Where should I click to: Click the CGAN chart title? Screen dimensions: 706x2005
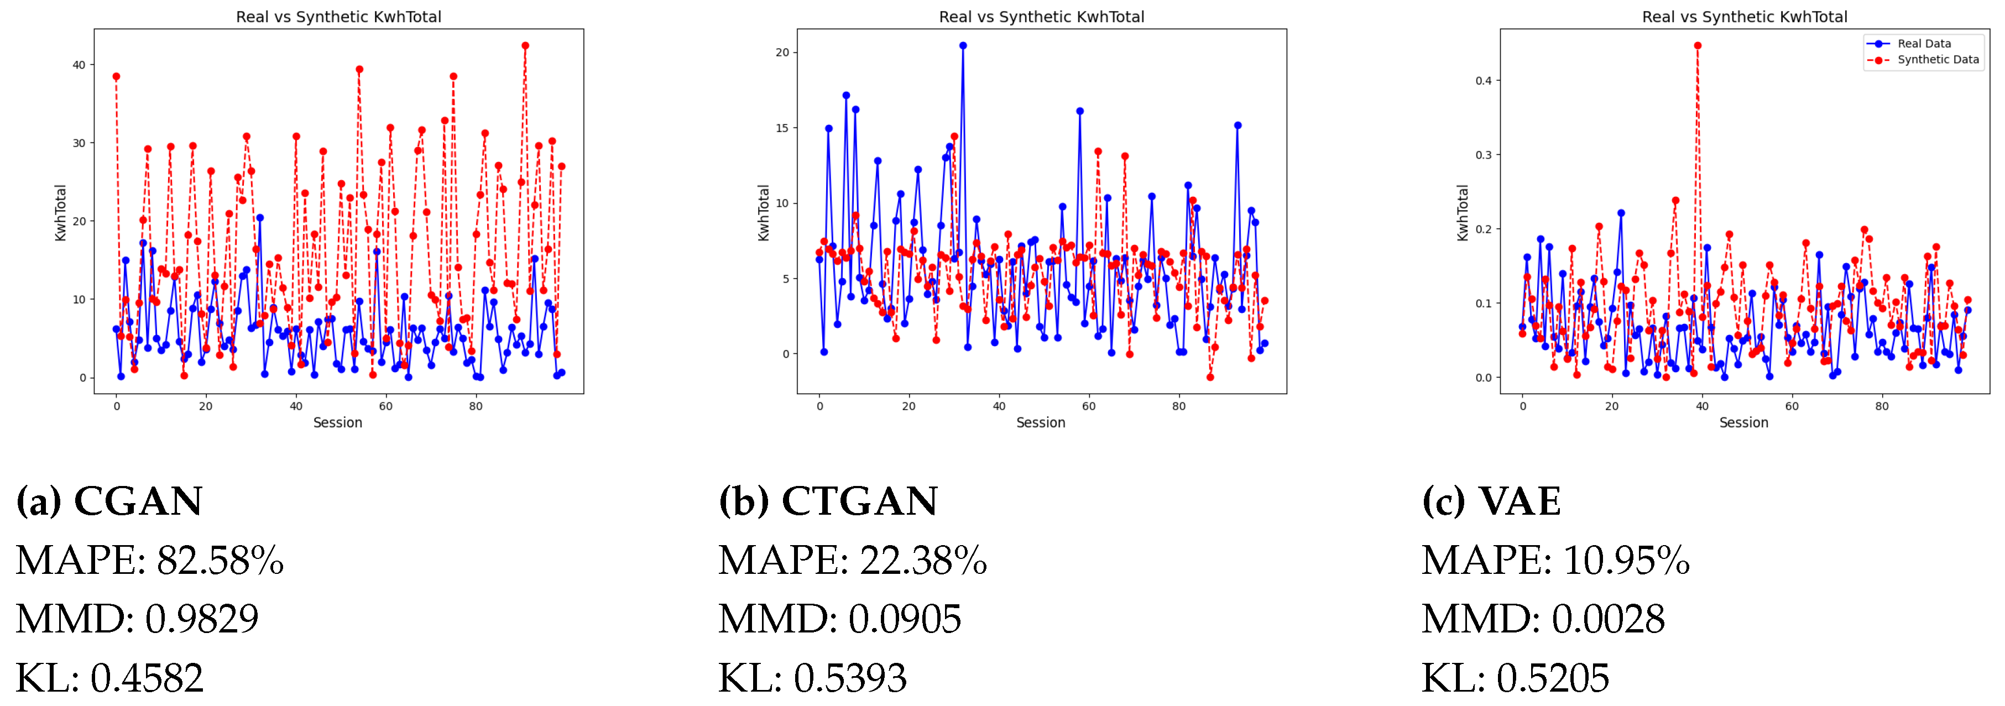coord(338,17)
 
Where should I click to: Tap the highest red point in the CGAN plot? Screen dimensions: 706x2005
coord(525,46)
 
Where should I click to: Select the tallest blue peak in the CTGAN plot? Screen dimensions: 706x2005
coord(963,46)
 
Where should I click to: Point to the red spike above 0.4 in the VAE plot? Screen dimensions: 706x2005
coord(1698,46)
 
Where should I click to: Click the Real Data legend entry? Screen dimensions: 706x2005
coord(1923,44)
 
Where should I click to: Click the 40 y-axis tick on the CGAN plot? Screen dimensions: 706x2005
coord(79,65)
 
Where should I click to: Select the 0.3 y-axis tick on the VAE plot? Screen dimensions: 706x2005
coord(1484,155)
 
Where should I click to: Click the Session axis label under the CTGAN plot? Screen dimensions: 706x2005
coord(1041,423)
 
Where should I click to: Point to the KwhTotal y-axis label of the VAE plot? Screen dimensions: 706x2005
coord(1463,212)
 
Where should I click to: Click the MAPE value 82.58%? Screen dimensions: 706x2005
coord(220,561)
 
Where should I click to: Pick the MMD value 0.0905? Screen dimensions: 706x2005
coord(905,620)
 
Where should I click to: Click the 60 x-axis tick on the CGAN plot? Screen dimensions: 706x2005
coord(386,406)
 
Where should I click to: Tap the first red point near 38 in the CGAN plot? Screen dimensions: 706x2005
coord(116,76)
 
